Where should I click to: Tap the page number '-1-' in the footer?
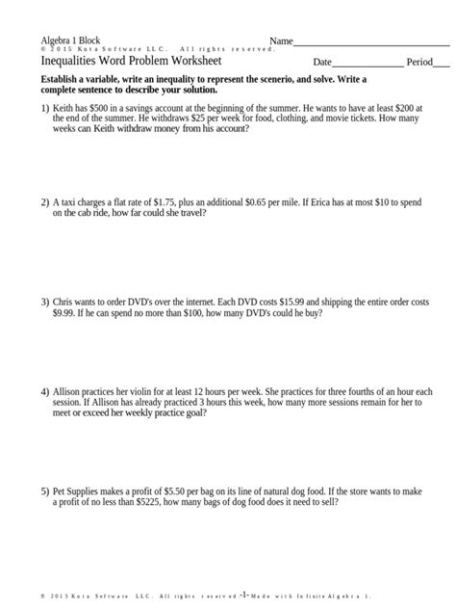click(x=246, y=595)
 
